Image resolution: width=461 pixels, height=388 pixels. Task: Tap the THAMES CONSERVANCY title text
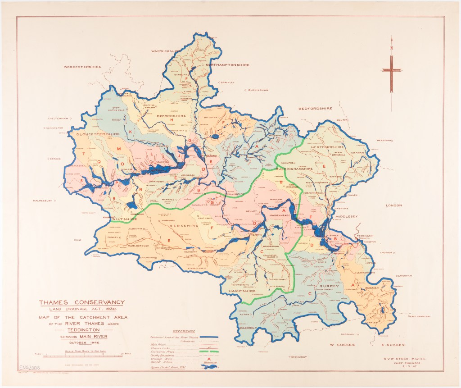(81, 302)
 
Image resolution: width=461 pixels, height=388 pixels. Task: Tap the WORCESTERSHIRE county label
(82, 67)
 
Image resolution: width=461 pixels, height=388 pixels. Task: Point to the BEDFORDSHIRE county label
(315, 109)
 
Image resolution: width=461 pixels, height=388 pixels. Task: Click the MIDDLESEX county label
(345, 216)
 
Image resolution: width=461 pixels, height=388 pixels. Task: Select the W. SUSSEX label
(343, 345)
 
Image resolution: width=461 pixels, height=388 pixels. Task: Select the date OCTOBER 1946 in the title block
(81, 343)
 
